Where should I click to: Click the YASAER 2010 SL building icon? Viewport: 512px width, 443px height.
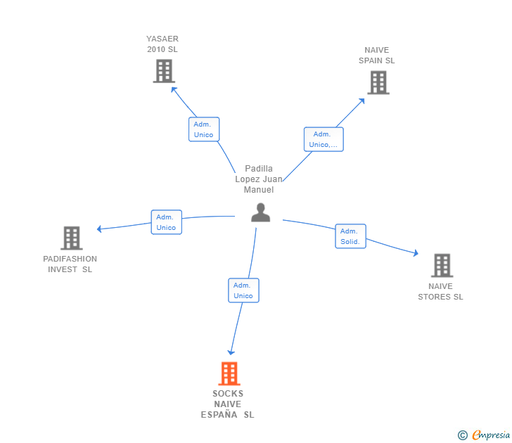click(x=164, y=71)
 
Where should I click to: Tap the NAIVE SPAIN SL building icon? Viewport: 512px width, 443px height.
click(x=378, y=82)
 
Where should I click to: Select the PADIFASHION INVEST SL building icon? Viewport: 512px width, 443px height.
click(x=72, y=238)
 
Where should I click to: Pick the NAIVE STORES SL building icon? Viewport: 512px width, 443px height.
click(x=442, y=265)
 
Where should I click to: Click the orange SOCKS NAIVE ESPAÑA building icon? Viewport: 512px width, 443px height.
click(x=229, y=373)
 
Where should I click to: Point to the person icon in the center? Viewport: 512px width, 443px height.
click(x=261, y=212)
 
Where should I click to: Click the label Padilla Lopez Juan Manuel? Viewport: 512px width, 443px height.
click(x=259, y=179)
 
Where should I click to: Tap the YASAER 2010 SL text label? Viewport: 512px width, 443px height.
click(x=162, y=44)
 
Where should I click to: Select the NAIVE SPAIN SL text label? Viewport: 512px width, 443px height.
click(x=377, y=56)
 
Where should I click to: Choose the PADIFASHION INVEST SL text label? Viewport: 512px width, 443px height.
click(x=70, y=264)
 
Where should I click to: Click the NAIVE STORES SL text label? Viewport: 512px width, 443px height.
click(x=441, y=292)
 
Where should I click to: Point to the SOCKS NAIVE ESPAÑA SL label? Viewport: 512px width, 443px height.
click(x=228, y=404)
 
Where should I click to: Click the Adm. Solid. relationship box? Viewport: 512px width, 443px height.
click(x=350, y=236)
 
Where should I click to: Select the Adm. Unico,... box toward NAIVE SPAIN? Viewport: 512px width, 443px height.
click(x=324, y=139)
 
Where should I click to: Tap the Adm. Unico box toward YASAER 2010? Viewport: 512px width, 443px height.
click(x=204, y=129)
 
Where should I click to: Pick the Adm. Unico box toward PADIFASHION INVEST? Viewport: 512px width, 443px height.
click(x=167, y=222)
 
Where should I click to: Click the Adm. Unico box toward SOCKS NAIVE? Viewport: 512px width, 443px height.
click(x=243, y=290)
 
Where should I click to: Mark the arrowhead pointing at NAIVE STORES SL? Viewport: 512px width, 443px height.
click(x=416, y=253)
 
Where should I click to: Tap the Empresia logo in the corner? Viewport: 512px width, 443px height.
click(x=485, y=435)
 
